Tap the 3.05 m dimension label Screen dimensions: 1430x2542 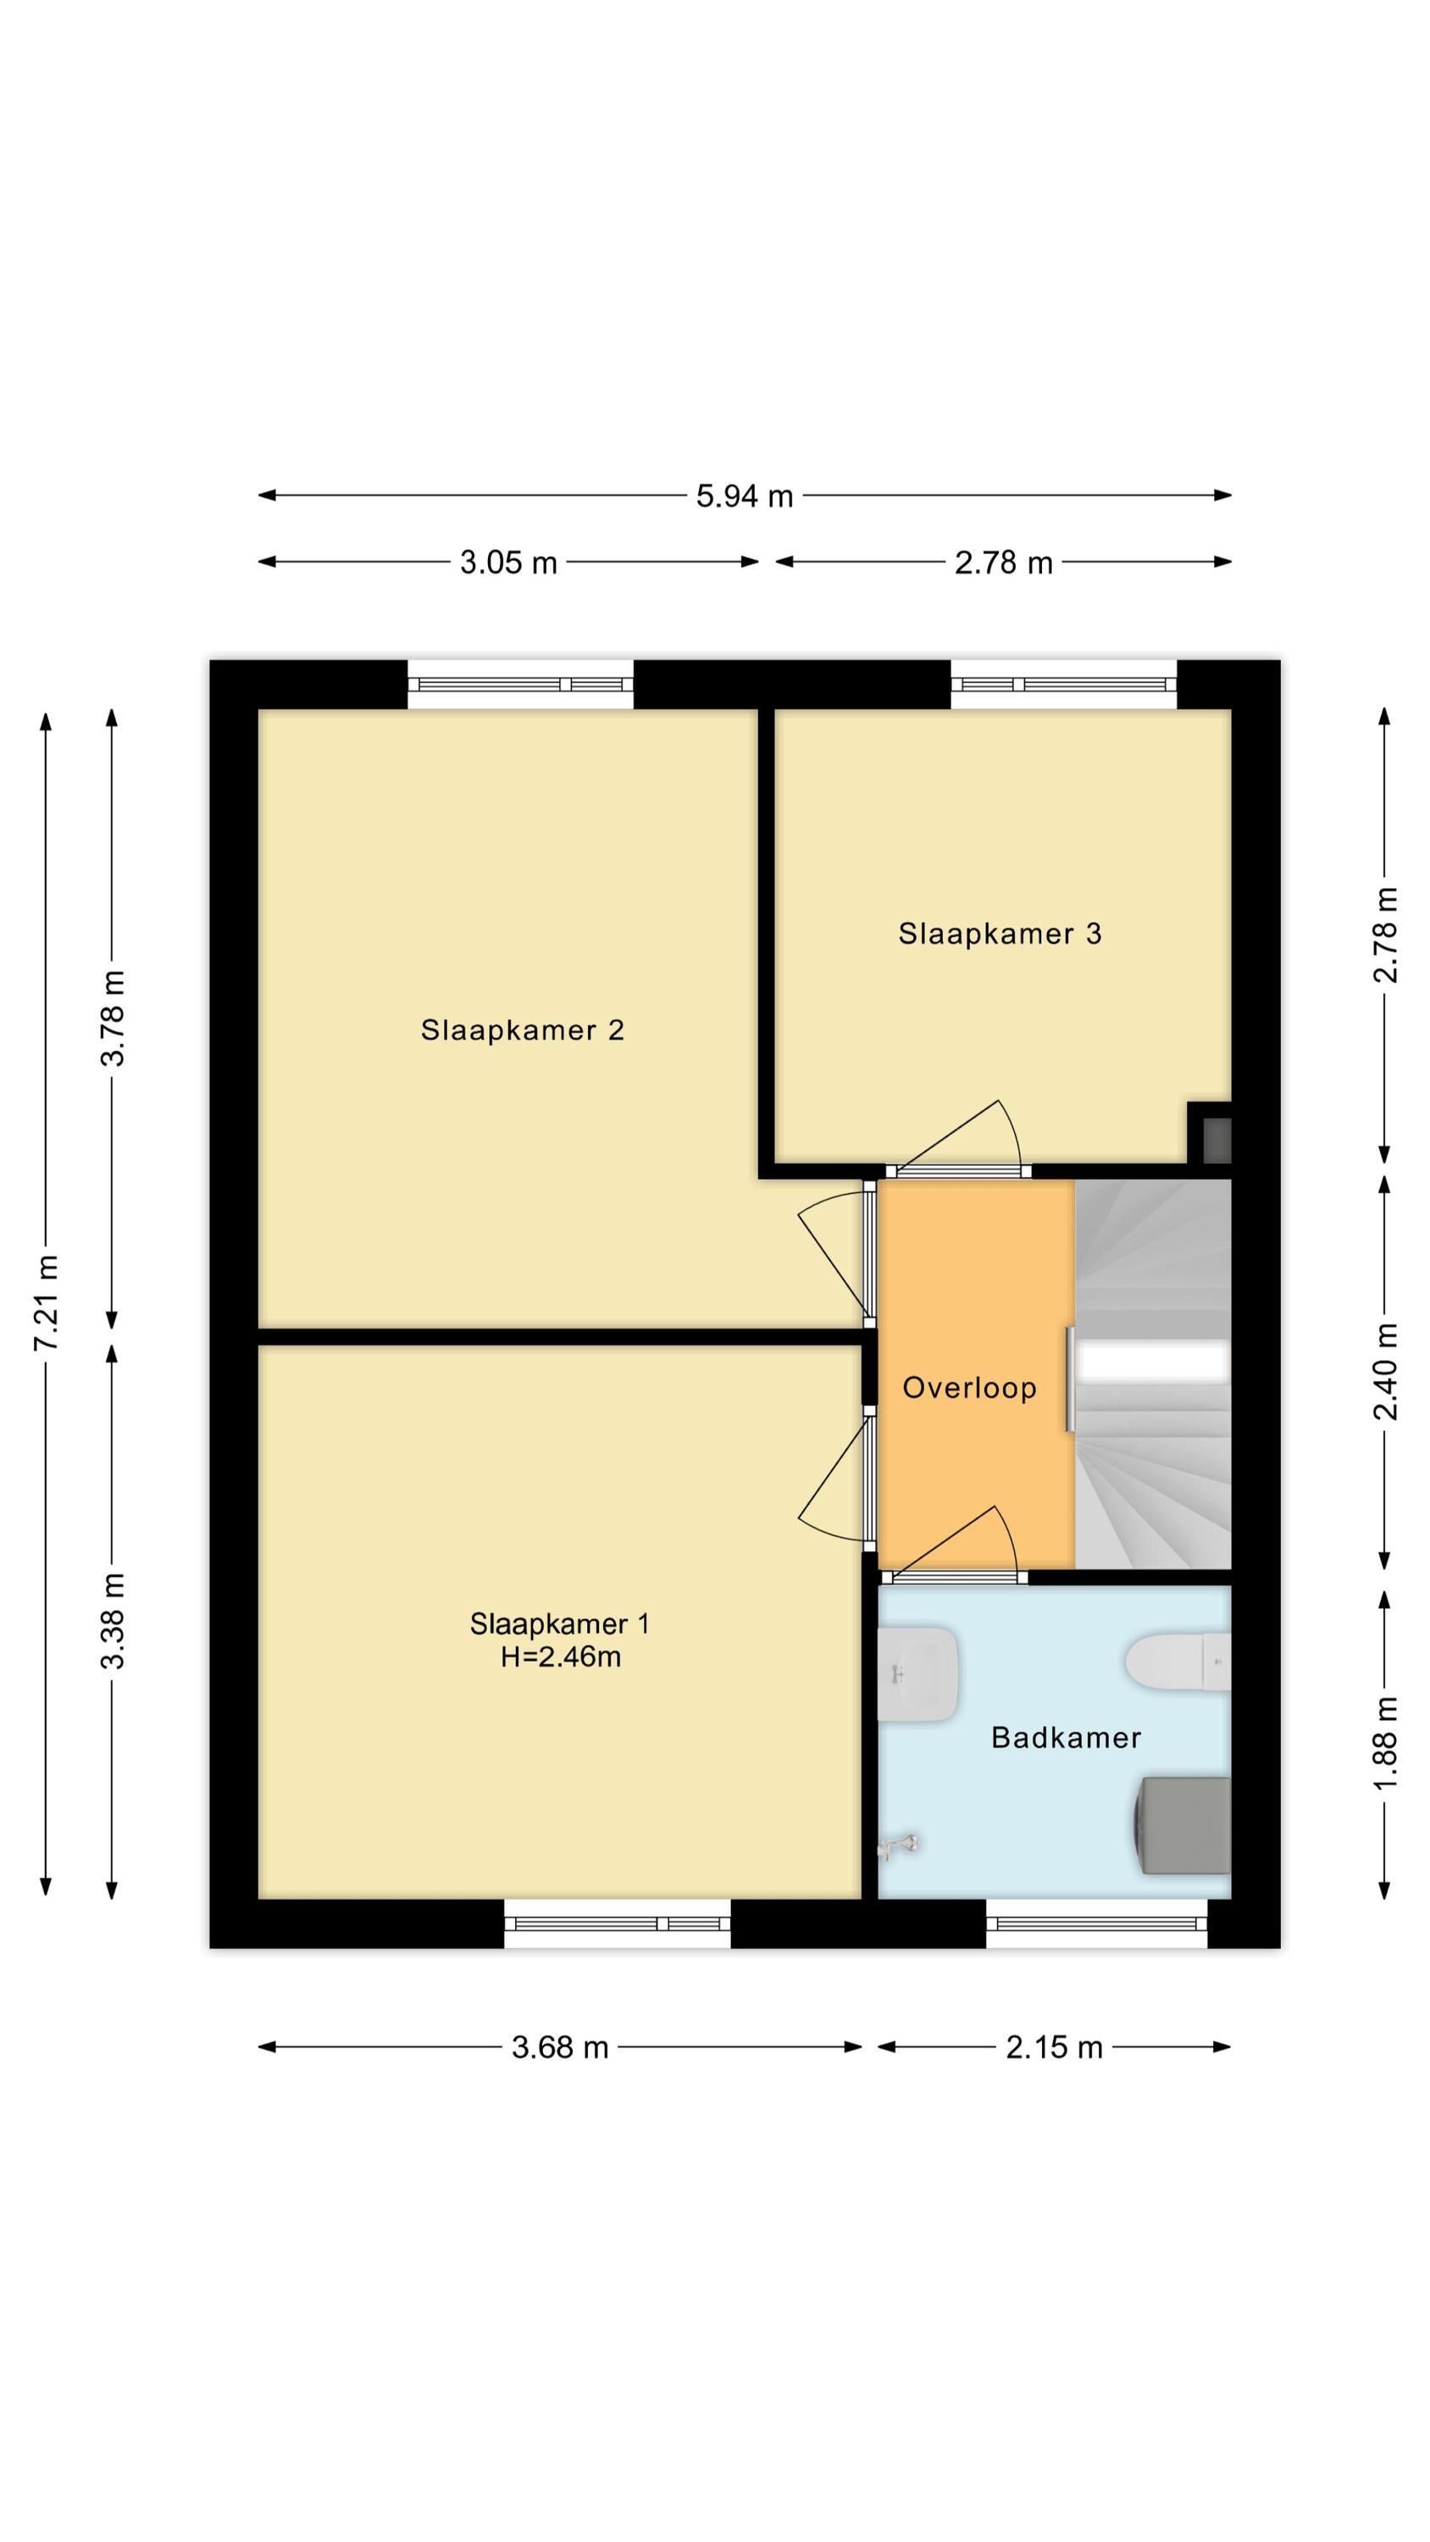(508, 563)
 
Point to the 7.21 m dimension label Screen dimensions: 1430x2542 (47, 1302)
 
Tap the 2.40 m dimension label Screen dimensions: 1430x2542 (1386, 1372)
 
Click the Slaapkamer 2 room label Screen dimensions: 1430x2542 (522, 1030)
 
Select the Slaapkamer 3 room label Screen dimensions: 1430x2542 (1000, 934)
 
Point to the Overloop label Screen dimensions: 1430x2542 (969, 1389)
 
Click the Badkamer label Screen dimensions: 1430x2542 (1066, 1737)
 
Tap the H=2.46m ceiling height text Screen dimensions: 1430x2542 (561, 1656)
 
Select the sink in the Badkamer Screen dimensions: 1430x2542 (917, 1673)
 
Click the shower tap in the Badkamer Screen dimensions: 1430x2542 (899, 1845)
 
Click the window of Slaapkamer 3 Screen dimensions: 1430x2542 (1064, 685)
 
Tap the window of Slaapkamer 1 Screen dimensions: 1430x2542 (617, 1923)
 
